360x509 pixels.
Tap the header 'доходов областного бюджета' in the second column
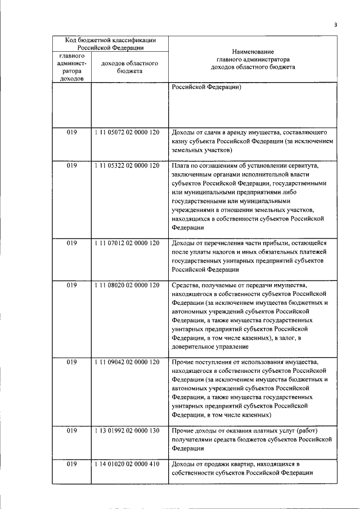[x=129, y=67]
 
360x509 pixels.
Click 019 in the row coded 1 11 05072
[x=71, y=133]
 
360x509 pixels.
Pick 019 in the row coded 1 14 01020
[x=71, y=464]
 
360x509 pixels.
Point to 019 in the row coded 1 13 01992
[x=71, y=431]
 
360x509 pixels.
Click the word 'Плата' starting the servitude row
[x=181, y=166]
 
